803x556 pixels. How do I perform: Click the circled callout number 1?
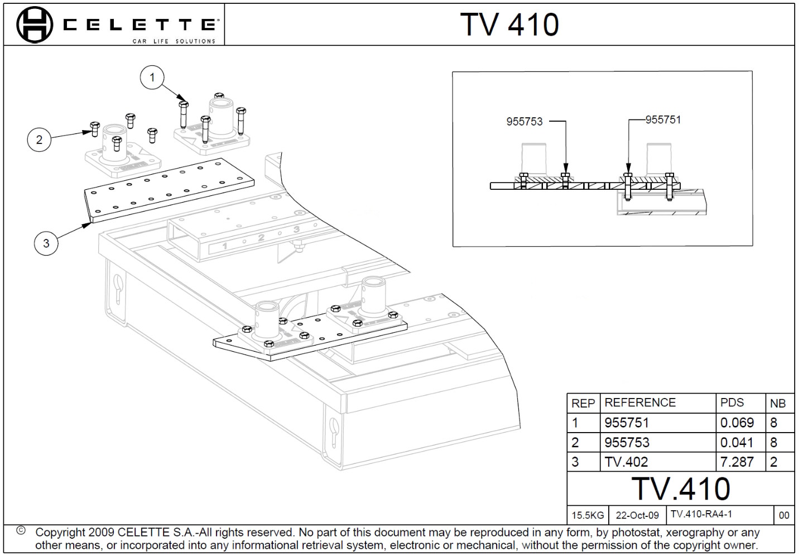coord(152,77)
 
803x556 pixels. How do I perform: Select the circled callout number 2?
coord(39,139)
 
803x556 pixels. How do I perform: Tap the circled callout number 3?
coord(46,243)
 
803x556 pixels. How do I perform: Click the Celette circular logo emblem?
coord(35,25)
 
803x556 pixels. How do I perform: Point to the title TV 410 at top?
coord(509,25)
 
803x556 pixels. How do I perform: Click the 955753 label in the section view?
coord(524,122)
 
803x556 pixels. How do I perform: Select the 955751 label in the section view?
coord(663,120)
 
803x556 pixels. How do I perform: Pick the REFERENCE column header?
coord(639,402)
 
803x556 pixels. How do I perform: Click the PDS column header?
coord(732,402)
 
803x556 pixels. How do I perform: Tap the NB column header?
coord(777,403)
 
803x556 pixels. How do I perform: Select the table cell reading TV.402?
coord(626,462)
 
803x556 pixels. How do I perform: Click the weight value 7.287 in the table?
coord(737,462)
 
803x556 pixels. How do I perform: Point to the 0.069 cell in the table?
coord(737,423)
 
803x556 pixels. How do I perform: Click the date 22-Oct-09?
coord(637,515)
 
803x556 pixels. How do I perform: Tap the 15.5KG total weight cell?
coord(588,515)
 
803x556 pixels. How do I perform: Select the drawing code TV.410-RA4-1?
coord(701,514)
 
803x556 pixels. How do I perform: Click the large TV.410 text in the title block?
coord(681,488)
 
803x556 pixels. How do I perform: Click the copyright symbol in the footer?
coord(21,530)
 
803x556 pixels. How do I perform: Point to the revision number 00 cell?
coord(784,515)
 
